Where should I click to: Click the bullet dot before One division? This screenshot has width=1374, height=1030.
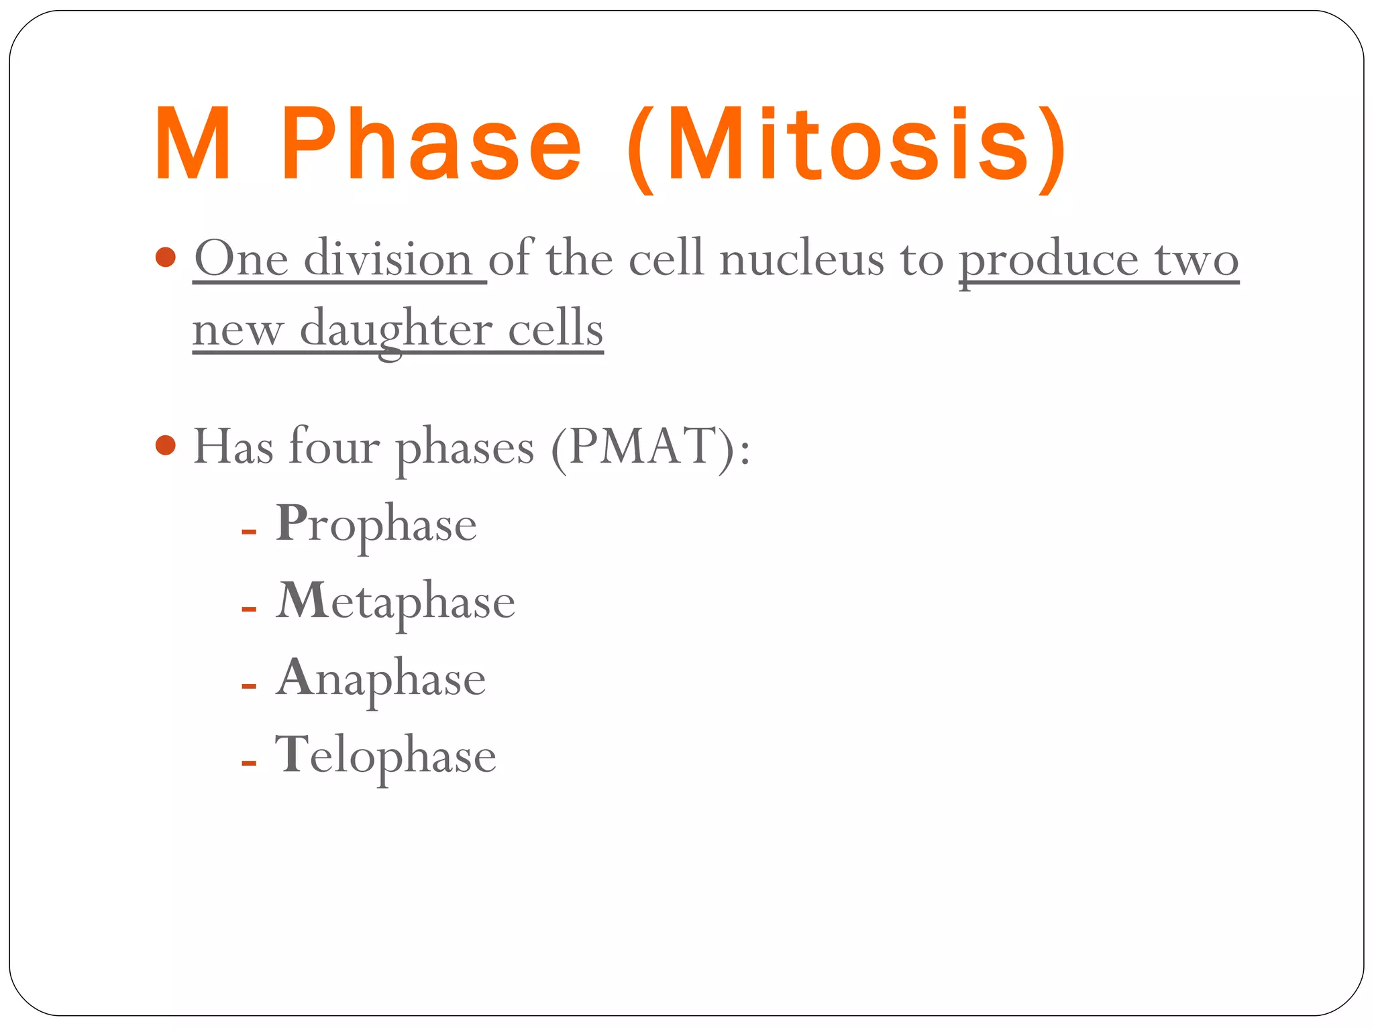[165, 257]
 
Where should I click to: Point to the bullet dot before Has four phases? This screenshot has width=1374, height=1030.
[165, 445]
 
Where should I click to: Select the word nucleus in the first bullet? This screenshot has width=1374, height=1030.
[801, 260]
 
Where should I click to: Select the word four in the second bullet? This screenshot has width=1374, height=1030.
[334, 447]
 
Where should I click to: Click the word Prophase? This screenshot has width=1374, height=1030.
[376, 525]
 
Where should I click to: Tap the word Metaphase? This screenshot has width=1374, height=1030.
[396, 602]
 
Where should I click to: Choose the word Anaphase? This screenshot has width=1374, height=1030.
[381, 679]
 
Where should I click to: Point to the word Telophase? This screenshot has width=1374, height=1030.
[386, 756]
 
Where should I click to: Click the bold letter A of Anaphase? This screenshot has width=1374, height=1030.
[295, 677]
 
